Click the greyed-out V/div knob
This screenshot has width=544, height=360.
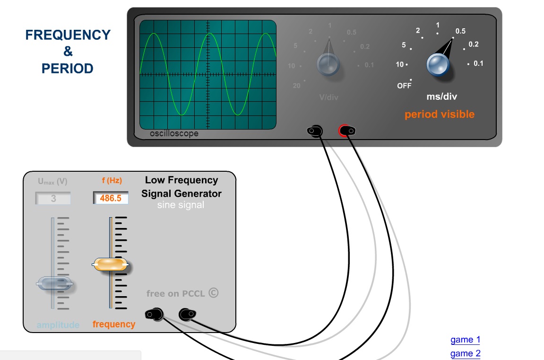[x=328, y=64]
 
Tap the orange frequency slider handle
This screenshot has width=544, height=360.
[x=110, y=264]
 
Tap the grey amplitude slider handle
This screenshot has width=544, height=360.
[x=55, y=283]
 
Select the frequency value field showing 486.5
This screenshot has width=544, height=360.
[x=111, y=198]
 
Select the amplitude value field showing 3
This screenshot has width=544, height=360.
[x=53, y=199]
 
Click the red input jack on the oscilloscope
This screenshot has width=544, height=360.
[x=346, y=131]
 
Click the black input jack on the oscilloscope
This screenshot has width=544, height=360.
[x=315, y=131]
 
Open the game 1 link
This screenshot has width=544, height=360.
[x=465, y=340]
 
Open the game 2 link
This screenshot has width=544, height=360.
[x=465, y=353]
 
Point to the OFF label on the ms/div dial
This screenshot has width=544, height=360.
[x=404, y=86]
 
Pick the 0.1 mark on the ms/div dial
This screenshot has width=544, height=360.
[x=478, y=63]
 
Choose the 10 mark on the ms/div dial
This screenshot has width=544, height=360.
[x=400, y=64]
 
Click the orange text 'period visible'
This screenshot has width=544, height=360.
[x=439, y=114]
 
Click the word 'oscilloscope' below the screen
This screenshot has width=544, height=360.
[x=174, y=133]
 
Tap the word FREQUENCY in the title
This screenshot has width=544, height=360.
[x=68, y=35]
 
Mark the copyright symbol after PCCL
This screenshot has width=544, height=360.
[x=214, y=293]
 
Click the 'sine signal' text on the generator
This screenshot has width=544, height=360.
[x=181, y=205]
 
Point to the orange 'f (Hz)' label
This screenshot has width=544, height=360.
[x=112, y=180]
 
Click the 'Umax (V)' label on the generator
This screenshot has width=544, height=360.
[x=52, y=181]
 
